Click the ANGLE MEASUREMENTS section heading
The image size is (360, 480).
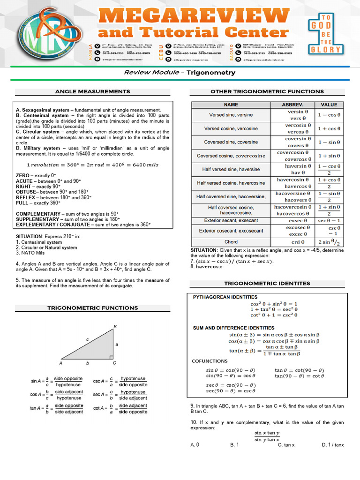tap(93, 91)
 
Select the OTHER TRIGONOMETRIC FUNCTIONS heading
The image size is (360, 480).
tap(267, 91)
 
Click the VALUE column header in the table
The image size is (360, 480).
tap(329, 105)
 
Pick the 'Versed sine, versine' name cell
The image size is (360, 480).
tap(231, 115)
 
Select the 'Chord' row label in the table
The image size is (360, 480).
tap(231, 242)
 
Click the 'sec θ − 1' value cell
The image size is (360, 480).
tap(329, 220)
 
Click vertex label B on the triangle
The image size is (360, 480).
tap(115, 326)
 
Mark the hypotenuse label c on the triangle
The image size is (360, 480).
tap(87, 339)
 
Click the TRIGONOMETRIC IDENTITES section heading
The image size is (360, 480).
tap(267, 283)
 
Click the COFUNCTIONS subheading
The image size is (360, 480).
tap(210, 361)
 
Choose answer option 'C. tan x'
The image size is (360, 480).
tap(286, 444)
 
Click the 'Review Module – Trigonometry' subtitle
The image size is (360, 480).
tap(180, 73)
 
